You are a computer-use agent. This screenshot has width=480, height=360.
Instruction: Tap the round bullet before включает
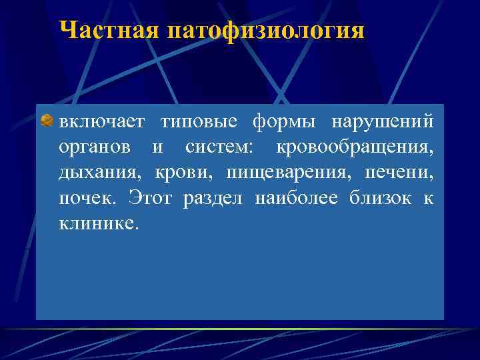click(x=47, y=121)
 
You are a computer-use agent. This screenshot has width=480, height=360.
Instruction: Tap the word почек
click(x=87, y=198)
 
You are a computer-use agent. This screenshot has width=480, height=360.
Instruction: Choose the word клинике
click(x=100, y=223)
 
